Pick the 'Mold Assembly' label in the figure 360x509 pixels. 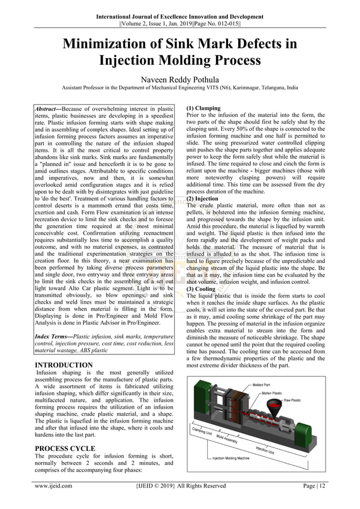pyautogui.click(x=227, y=440)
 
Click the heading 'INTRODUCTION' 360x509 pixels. pyautogui.click(x=64, y=365)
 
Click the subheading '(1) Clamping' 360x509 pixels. pyautogui.click(x=203, y=108)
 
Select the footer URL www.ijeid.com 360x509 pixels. pyautogui.click(x=53, y=485)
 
